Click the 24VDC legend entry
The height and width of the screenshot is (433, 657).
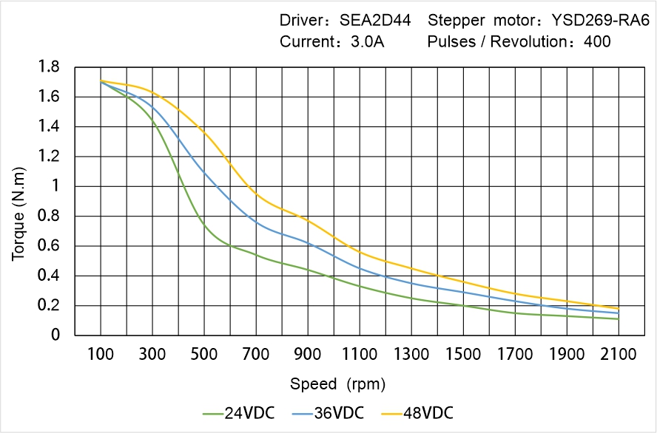[238, 412]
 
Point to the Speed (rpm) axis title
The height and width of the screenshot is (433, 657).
[337, 384]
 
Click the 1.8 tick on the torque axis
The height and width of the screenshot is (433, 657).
[50, 67]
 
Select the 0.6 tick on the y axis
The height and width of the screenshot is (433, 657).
[50, 246]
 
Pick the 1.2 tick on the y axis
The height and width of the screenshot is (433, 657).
[50, 157]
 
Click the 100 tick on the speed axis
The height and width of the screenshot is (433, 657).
[101, 354]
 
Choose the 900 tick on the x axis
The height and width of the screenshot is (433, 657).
[308, 354]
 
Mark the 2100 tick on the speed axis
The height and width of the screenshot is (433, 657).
[619, 354]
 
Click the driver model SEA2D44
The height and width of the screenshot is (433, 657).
[375, 20]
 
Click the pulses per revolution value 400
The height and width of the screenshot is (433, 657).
[597, 41]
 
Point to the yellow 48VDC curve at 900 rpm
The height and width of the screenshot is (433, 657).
[308, 220]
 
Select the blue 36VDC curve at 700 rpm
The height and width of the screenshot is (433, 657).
[256, 221]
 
